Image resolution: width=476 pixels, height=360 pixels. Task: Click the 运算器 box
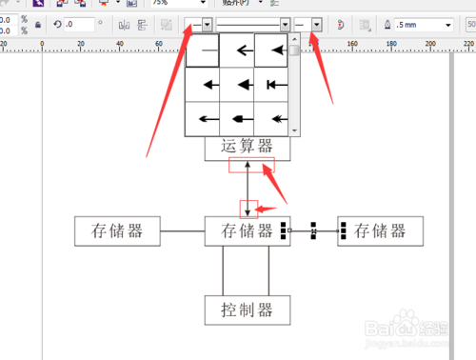(247, 147)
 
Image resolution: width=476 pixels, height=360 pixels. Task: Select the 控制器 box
(247, 310)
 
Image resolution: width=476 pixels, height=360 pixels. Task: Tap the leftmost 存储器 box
(117, 230)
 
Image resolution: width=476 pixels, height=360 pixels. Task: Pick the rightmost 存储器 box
(379, 230)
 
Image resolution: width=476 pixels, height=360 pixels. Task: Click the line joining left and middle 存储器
(182, 230)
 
